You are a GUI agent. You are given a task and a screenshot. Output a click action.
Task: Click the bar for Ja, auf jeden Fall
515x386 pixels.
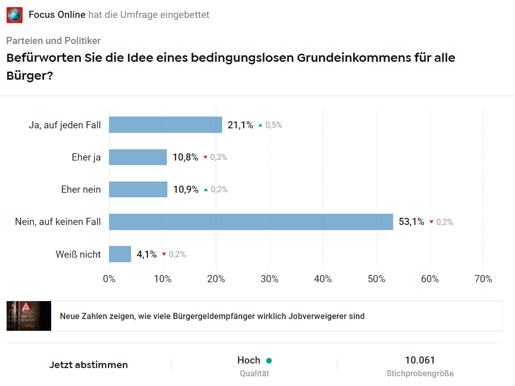(x=165, y=125)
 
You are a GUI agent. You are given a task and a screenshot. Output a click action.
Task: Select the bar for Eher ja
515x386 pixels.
(x=138, y=157)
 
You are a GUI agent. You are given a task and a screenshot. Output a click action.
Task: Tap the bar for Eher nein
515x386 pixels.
(x=138, y=189)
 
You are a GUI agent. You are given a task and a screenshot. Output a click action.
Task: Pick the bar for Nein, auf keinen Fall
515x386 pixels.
(x=251, y=221)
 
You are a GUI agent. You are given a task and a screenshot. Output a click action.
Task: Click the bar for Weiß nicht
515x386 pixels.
(x=120, y=254)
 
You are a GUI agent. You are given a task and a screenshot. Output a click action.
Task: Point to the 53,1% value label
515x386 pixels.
(x=412, y=221)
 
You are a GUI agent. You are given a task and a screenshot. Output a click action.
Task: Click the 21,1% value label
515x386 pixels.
(x=240, y=125)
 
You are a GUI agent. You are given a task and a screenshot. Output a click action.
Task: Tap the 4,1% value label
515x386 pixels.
(x=146, y=254)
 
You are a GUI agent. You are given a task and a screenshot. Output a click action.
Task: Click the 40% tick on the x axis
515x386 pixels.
(x=323, y=279)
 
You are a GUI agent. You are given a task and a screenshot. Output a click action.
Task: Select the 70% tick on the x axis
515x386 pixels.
(x=483, y=279)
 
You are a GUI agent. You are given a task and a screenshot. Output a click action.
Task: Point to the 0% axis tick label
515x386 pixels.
(x=109, y=279)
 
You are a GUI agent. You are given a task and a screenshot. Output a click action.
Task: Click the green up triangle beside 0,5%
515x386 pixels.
(x=260, y=125)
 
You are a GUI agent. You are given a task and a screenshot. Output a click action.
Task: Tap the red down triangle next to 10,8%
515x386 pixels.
(x=205, y=157)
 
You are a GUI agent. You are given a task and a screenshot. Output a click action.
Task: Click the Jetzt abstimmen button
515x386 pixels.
(x=89, y=365)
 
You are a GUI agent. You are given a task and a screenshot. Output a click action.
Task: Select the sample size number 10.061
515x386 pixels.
(x=420, y=360)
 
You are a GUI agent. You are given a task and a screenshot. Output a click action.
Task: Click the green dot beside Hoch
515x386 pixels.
(x=269, y=360)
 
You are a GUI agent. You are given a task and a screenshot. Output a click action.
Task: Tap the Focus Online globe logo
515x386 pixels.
(x=14, y=15)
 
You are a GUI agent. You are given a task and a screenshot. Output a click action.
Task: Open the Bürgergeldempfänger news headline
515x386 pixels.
(x=212, y=316)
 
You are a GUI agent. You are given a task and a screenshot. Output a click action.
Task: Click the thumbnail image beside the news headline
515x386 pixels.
(x=29, y=316)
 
